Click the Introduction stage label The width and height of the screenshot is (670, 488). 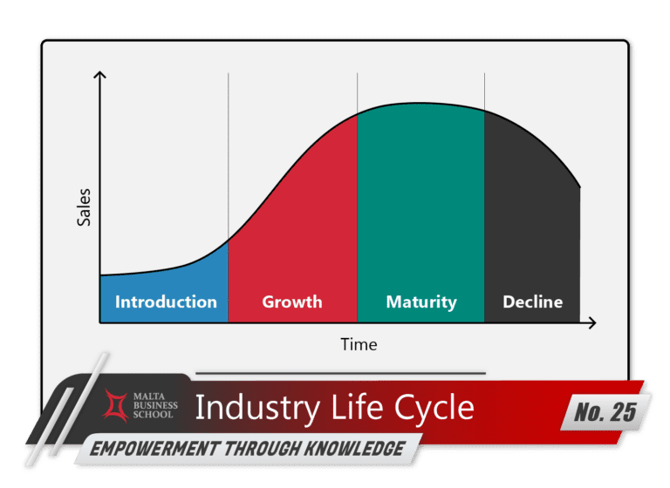[166, 302]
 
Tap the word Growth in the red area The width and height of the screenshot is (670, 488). [292, 302]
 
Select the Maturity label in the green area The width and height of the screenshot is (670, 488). [420, 302]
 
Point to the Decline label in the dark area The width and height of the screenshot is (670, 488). [532, 302]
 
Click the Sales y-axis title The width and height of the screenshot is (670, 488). [84, 209]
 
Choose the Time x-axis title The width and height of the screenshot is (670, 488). [359, 344]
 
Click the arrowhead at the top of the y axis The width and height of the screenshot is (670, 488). [99, 77]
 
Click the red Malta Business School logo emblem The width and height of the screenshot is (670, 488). [115, 404]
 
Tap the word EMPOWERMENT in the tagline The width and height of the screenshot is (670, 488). [143, 449]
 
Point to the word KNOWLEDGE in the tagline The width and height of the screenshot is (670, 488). [357, 449]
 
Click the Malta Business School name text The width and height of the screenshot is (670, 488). [154, 404]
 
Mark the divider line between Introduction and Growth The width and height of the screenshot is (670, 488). [229, 157]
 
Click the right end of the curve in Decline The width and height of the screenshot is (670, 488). [579, 186]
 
